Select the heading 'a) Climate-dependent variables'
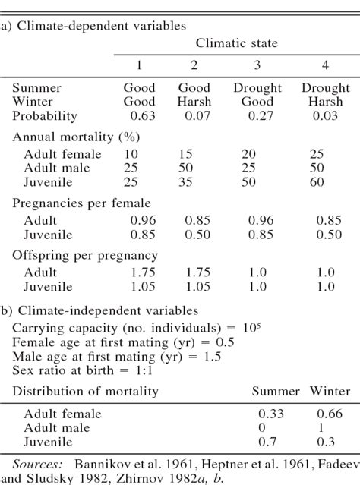point(94,26)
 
